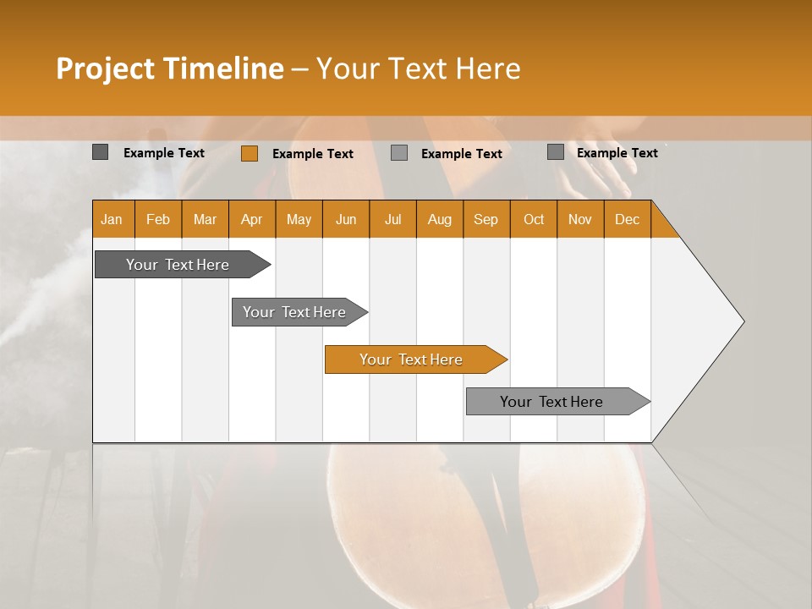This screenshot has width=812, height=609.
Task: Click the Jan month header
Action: (112, 220)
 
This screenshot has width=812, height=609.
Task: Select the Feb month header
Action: (158, 220)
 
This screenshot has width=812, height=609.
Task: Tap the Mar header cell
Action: (205, 220)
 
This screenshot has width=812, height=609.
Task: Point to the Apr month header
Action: (252, 220)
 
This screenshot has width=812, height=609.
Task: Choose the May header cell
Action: (299, 220)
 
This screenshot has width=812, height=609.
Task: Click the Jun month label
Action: (346, 220)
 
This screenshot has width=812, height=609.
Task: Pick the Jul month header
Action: (392, 220)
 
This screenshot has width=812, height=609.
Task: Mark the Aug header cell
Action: (440, 220)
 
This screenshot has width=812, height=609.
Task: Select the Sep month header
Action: (486, 220)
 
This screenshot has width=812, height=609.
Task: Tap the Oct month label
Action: (534, 220)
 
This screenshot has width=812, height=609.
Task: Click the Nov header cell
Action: (580, 220)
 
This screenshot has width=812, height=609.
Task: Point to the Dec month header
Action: (627, 220)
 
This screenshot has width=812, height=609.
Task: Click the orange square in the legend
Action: (249, 153)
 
